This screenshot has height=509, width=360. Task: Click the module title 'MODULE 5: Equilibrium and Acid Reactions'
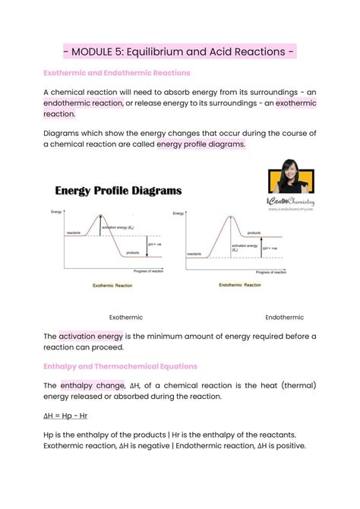179,52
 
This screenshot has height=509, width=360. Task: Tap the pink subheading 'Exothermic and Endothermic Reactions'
116,73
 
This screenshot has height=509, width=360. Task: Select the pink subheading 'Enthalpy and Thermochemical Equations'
120,366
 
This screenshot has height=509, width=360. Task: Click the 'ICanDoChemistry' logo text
291,201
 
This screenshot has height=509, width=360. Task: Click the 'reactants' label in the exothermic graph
74,232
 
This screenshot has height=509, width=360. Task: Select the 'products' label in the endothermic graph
254,233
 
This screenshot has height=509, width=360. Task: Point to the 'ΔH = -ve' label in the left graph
154,244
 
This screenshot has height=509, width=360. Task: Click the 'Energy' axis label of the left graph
55,210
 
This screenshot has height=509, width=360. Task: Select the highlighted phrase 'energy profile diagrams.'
201,144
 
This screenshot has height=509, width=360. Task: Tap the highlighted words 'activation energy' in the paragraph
93,336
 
